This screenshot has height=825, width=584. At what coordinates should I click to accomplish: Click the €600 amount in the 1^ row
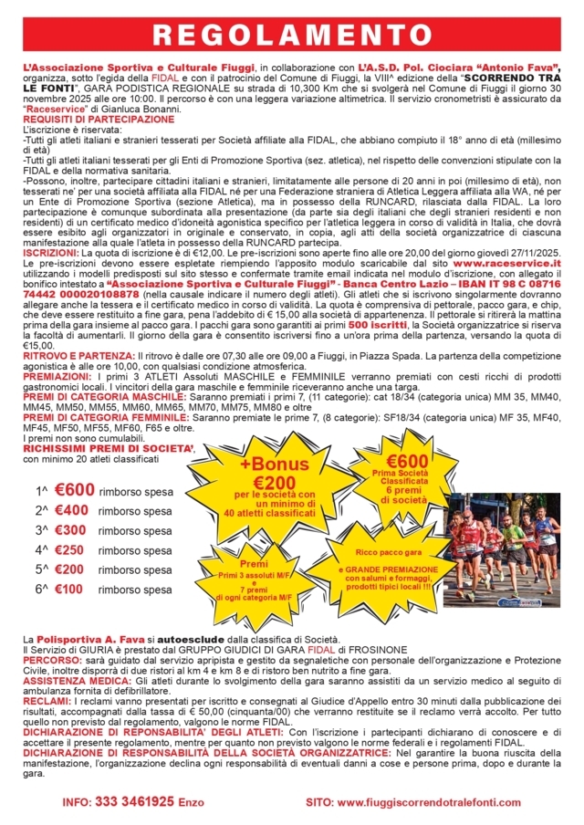point(74,490)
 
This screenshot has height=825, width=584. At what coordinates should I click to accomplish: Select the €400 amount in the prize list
point(74,510)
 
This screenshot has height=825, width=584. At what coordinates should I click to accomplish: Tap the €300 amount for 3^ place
point(74,530)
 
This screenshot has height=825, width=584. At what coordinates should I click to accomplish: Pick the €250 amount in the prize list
point(74,550)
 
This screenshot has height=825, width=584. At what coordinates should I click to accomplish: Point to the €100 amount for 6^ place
point(74,590)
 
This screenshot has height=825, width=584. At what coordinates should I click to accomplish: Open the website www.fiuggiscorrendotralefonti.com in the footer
point(428,800)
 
